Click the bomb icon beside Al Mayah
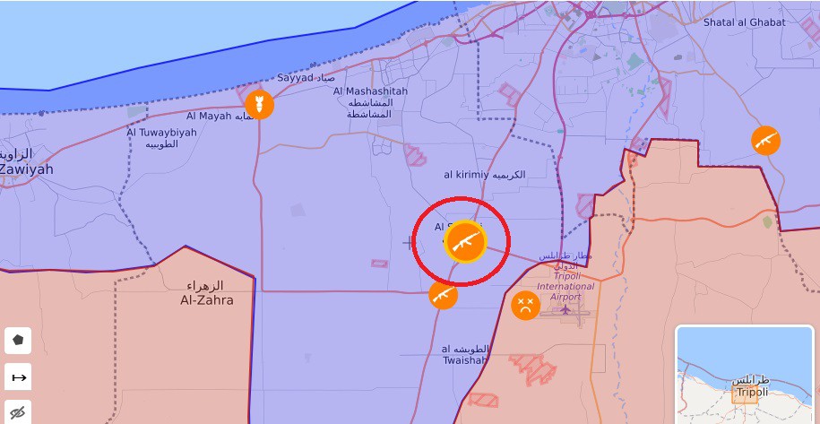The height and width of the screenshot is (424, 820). (259, 105)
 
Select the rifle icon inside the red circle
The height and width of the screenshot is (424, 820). (465, 242)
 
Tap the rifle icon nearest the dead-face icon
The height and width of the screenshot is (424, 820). (443, 295)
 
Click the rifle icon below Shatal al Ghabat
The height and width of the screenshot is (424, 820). (765, 141)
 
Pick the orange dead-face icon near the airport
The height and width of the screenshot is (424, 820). (525, 305)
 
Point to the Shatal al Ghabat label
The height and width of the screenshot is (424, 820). (744, 22)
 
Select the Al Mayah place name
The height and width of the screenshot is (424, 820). (209, 116)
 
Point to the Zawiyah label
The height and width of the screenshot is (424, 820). (26, 169)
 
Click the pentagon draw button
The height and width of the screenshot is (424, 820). (18, 340)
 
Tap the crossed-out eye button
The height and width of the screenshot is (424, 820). (18, 411)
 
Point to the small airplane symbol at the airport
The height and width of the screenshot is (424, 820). (565, 310)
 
